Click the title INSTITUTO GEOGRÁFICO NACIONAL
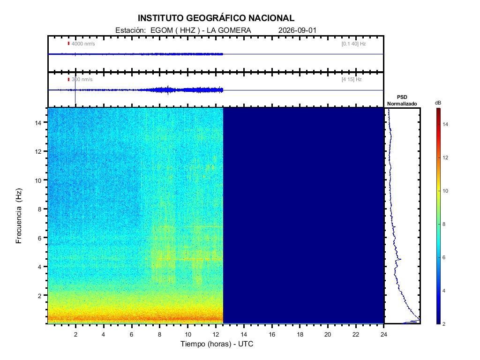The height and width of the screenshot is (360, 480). click(x=216, y=18)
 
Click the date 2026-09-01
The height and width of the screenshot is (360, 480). click(x=297, y=30)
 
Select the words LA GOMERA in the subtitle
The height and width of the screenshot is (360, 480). click(x=229, y=30)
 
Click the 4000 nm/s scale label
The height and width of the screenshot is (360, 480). click(x=83, y=44)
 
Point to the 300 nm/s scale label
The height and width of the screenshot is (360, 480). click(x=82, y=79)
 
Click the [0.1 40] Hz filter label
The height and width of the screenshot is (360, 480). click(x=353, y=44)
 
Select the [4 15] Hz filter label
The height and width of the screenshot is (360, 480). click(x=352, y=79)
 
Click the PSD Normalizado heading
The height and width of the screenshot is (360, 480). click(x=402, y=100)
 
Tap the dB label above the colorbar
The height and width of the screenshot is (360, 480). click(x=438, y=103)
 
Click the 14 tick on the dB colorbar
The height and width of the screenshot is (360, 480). click(x=445, y=124)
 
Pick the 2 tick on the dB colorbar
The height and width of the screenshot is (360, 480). click(x=444, y=324)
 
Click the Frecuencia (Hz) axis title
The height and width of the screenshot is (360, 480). click(x=19, y=216)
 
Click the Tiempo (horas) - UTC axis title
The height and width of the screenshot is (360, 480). click(x=217, y=344)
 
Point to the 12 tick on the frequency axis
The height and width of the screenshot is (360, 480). click(x=38, y=151)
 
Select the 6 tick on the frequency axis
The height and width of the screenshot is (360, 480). click(x=39, y=238)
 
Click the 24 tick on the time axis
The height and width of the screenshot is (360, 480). click(x=384, y=334)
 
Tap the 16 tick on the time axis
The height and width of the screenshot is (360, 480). click(x=272, y=334)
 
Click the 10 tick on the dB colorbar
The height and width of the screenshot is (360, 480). click(x=445, y=191)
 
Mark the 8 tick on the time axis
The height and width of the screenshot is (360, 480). click(x=159, y=334)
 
